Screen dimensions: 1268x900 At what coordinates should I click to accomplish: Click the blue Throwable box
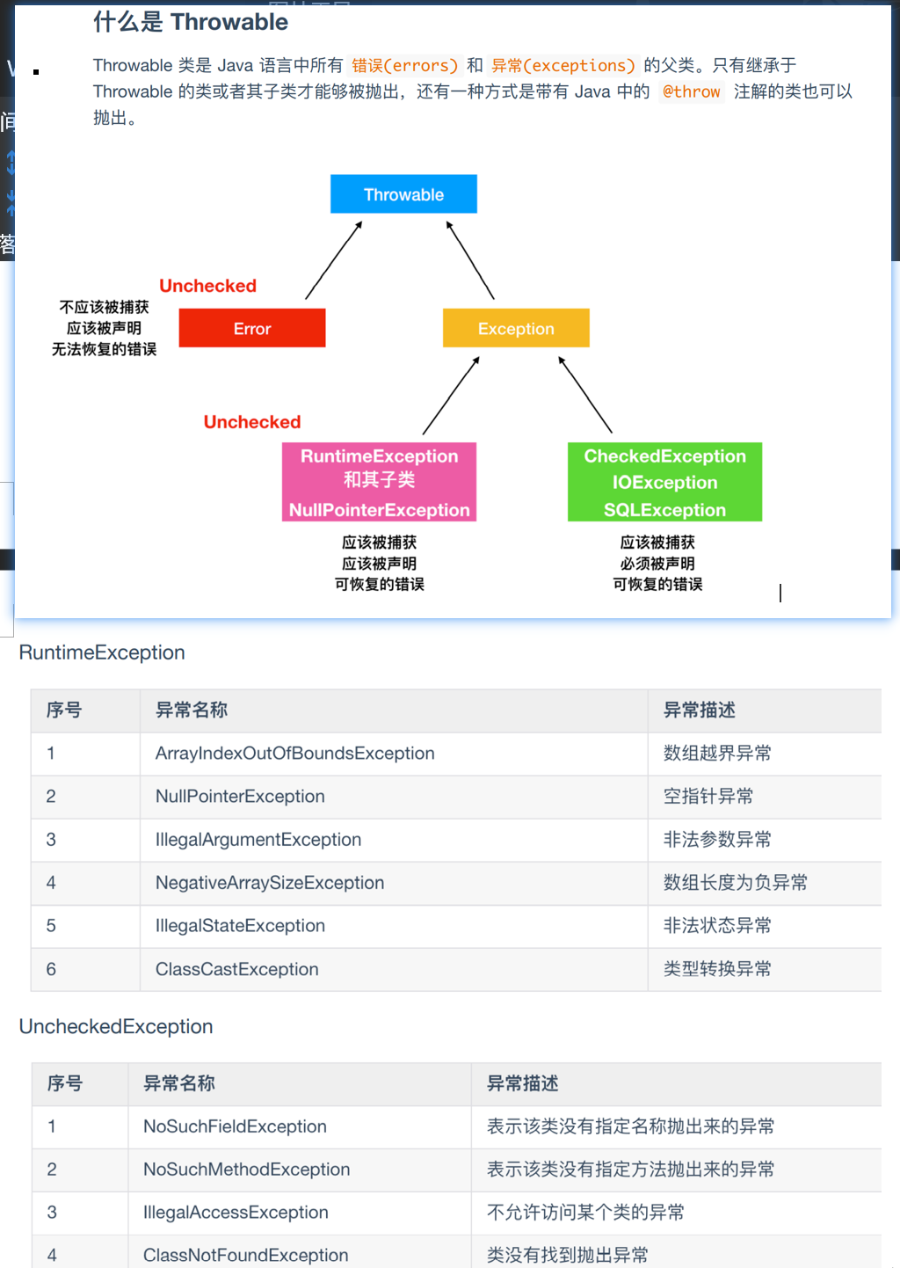point(403,194)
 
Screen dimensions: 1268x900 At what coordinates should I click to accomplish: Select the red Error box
point(252,328)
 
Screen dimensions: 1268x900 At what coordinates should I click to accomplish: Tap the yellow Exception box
point(516,328)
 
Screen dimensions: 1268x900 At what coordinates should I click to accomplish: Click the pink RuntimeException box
point(379,482)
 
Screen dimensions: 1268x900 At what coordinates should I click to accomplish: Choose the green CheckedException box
point(664,482)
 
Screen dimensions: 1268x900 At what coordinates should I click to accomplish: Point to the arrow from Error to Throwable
point(334,260)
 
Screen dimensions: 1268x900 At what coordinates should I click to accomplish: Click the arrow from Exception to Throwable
point(470,260)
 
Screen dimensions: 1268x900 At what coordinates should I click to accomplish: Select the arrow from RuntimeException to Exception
point(451,396)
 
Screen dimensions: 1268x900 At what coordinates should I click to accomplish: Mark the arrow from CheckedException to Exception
point(585,395)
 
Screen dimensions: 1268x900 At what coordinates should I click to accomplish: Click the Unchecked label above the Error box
point(207,286)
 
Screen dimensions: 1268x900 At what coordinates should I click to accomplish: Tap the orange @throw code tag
point(691,91)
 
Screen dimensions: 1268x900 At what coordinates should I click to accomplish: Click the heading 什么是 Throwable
point(191,22)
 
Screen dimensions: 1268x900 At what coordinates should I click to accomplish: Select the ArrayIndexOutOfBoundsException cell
point(295,754)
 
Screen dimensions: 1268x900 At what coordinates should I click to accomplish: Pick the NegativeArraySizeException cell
point(270,883)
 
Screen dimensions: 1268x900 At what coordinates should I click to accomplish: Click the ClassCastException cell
point(237,969)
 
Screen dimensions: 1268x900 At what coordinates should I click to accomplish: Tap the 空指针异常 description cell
point(708,797)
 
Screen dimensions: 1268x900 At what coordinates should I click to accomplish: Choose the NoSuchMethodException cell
point(247,1170)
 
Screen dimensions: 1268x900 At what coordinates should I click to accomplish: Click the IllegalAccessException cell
point(236,1213)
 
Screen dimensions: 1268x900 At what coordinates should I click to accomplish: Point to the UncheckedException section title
point(116,1026)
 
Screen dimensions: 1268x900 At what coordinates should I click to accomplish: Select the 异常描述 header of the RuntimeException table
point(700,711)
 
